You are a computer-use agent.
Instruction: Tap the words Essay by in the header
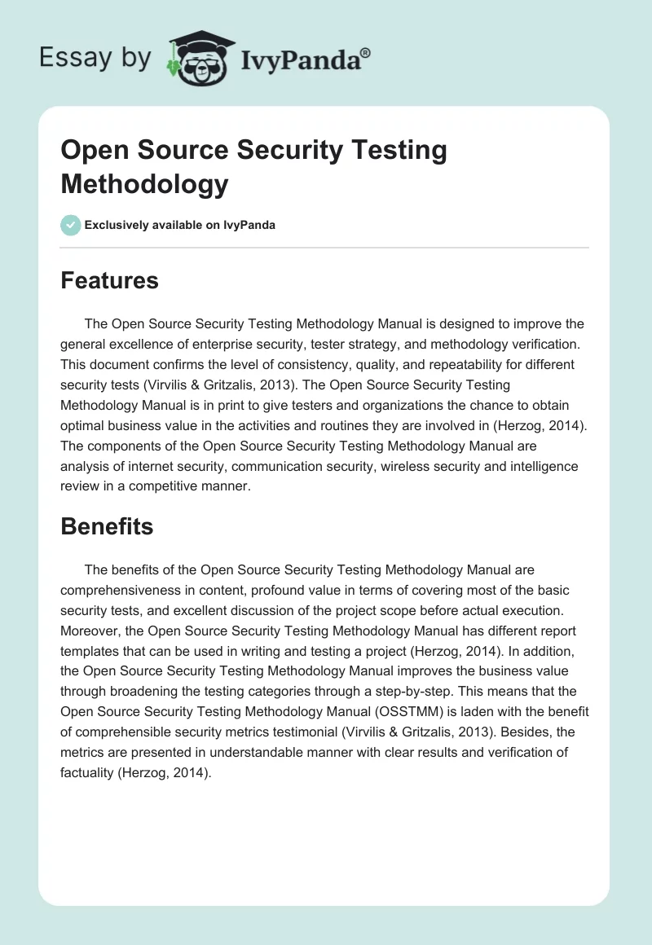[95, 57]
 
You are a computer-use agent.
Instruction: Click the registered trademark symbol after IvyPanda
[366, 53]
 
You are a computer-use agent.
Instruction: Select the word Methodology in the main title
[144, 183]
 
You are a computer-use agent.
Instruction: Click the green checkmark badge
[71, 225]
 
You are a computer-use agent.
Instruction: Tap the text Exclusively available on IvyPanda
[179, 225]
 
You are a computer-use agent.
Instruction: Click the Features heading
[109, 281]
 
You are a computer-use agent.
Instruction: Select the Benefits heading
[107, 526]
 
